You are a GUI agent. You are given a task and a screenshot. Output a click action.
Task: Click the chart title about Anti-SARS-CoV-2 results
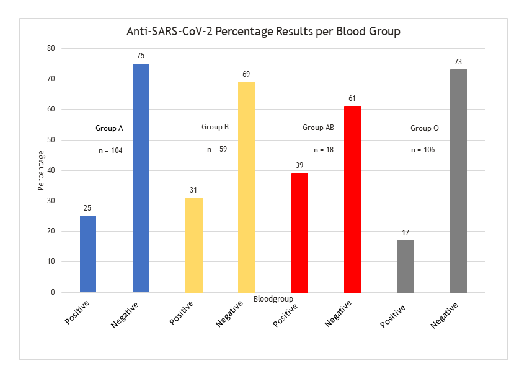[263, 31]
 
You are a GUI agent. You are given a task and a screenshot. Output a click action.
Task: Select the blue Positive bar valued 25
[88, 254]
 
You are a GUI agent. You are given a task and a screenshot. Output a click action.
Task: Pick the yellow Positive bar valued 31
[194, 245]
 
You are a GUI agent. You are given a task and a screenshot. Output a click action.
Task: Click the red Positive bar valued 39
[299, 233]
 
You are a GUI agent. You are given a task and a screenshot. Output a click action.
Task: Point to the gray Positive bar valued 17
[405, 266]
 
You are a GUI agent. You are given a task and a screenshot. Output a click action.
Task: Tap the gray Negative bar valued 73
[458, 181]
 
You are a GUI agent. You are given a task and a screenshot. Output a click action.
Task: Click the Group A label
[109, 128]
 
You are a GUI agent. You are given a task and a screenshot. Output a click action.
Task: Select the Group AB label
[318, 128]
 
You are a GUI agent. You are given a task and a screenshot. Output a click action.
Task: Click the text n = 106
[424, 150]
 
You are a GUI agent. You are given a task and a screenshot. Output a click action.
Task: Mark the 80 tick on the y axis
[51, 48]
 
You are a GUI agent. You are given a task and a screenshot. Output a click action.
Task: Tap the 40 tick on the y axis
[51, 170]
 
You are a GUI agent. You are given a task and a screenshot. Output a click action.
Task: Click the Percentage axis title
[41, 170]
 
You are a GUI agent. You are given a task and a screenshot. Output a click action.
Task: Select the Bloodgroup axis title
[273, 299]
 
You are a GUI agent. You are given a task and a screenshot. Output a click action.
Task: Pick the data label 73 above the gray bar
[458, 62]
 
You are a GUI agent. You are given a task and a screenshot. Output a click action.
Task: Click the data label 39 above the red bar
[299, 165]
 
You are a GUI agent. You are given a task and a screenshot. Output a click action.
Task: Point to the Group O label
[425, 128]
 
